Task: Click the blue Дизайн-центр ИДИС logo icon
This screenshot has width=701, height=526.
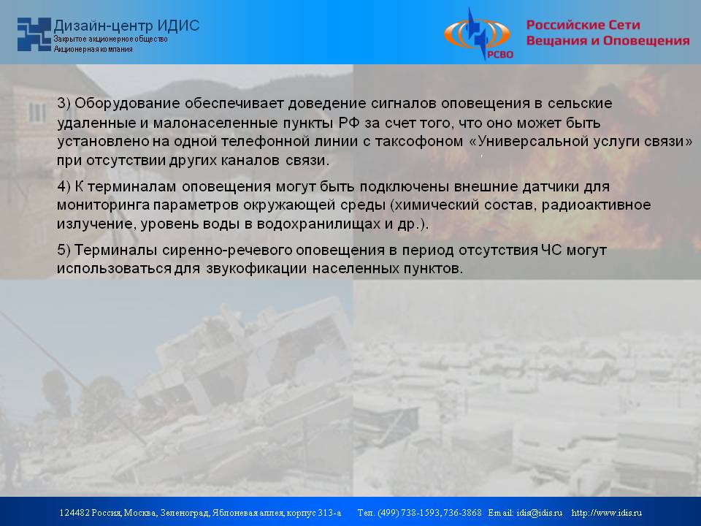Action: tap(34, 34)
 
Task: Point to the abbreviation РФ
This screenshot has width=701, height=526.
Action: tap(349, 123)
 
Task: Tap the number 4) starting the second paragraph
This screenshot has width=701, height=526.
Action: tap(64, 186)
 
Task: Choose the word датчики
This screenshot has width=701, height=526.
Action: tap(552, 186)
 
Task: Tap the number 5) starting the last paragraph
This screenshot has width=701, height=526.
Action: tap(64, 250)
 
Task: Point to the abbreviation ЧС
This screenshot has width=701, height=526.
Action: tap(552, 250)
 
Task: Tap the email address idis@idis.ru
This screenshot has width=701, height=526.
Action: tap(539, 513)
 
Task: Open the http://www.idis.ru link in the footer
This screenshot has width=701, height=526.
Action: tap(607, 513)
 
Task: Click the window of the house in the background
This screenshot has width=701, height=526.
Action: tap(37, 113)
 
